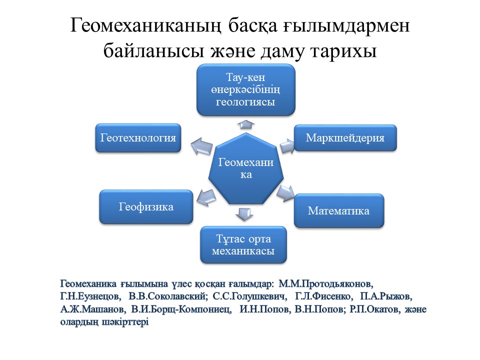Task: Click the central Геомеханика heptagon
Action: (x=246, y=168)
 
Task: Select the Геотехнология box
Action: (x=138, y=138)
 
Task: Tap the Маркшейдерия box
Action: (x=345, y=138)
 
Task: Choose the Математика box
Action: (x=339, y=210)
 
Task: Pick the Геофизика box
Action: (x=146, y=206)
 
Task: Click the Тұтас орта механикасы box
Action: (x=243, y=244)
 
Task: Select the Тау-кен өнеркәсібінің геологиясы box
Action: (x=246, y=89)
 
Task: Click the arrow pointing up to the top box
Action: (x=246, y=124)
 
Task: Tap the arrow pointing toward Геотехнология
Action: (x=201, y=145)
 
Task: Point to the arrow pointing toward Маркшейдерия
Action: (x=287, y=145)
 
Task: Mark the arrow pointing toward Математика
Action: (x=285, y=193)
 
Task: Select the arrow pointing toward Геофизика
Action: (x=206, y=197)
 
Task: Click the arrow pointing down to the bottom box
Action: (x=244, y=214)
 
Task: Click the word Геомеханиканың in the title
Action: (x=145, y=25)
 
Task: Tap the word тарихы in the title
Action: (x=343, y=51)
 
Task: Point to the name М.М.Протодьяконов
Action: (x=325, y=284)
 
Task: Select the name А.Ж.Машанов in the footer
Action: (x=93, y=309)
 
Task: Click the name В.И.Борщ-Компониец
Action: (x=181, y=309)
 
